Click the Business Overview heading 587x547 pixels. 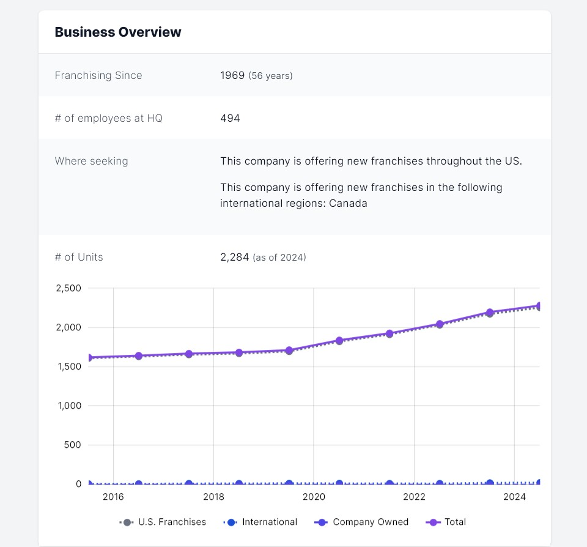point(118,32)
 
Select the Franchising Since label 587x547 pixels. point(98,75)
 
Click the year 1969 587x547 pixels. point(232,75)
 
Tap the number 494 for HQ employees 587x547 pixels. point(230,118)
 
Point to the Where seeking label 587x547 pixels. point(91,161)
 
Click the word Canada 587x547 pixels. point(348,203)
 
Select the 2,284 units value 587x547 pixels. point(235,257)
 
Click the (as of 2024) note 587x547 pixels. point(279,258)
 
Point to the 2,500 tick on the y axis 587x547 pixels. point(68,288)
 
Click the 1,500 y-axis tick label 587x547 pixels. point(68,367)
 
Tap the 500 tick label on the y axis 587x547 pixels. point(73,445)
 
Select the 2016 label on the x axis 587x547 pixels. point(113,497)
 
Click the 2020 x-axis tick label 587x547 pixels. point(314,497)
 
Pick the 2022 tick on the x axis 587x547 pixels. point(414,497)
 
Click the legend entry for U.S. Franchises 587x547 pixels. point(163,522)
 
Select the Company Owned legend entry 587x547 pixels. point(362,522)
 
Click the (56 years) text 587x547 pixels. point(270,76)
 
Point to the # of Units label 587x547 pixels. point(79,257)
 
